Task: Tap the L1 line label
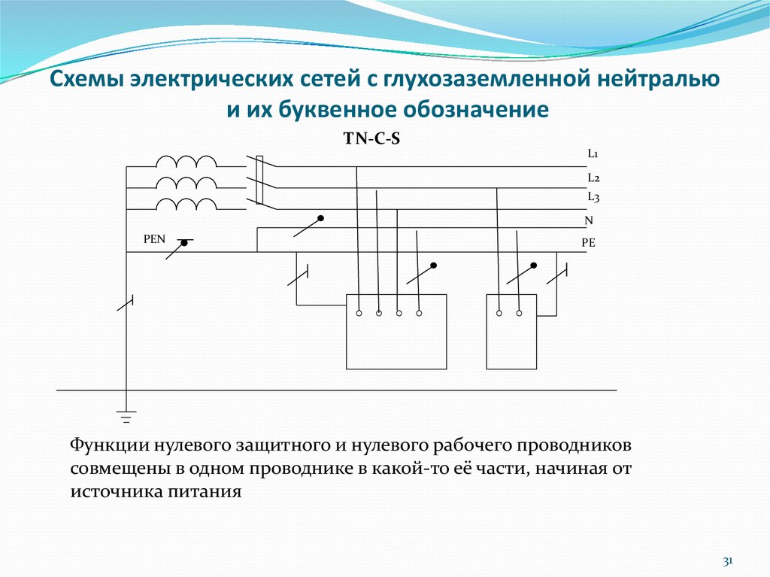click(x=593, y=154)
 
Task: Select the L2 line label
click(x=593, y=178)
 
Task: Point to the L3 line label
click(x=593, y=197)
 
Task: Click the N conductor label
click(x=589, y=221)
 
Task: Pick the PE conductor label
click(x=588, y=243)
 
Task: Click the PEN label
click(x=154, y=239)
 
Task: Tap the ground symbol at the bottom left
click(x=126, y=414)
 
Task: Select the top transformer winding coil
click(x=186, y=161)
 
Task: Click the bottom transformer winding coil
click(x=186, y=204)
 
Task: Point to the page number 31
click(x=728, y=561)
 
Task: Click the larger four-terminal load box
click(x=396, y=331)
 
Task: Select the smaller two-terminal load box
click(x=511, y=331)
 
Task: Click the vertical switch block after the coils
click(x=259, y=181)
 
